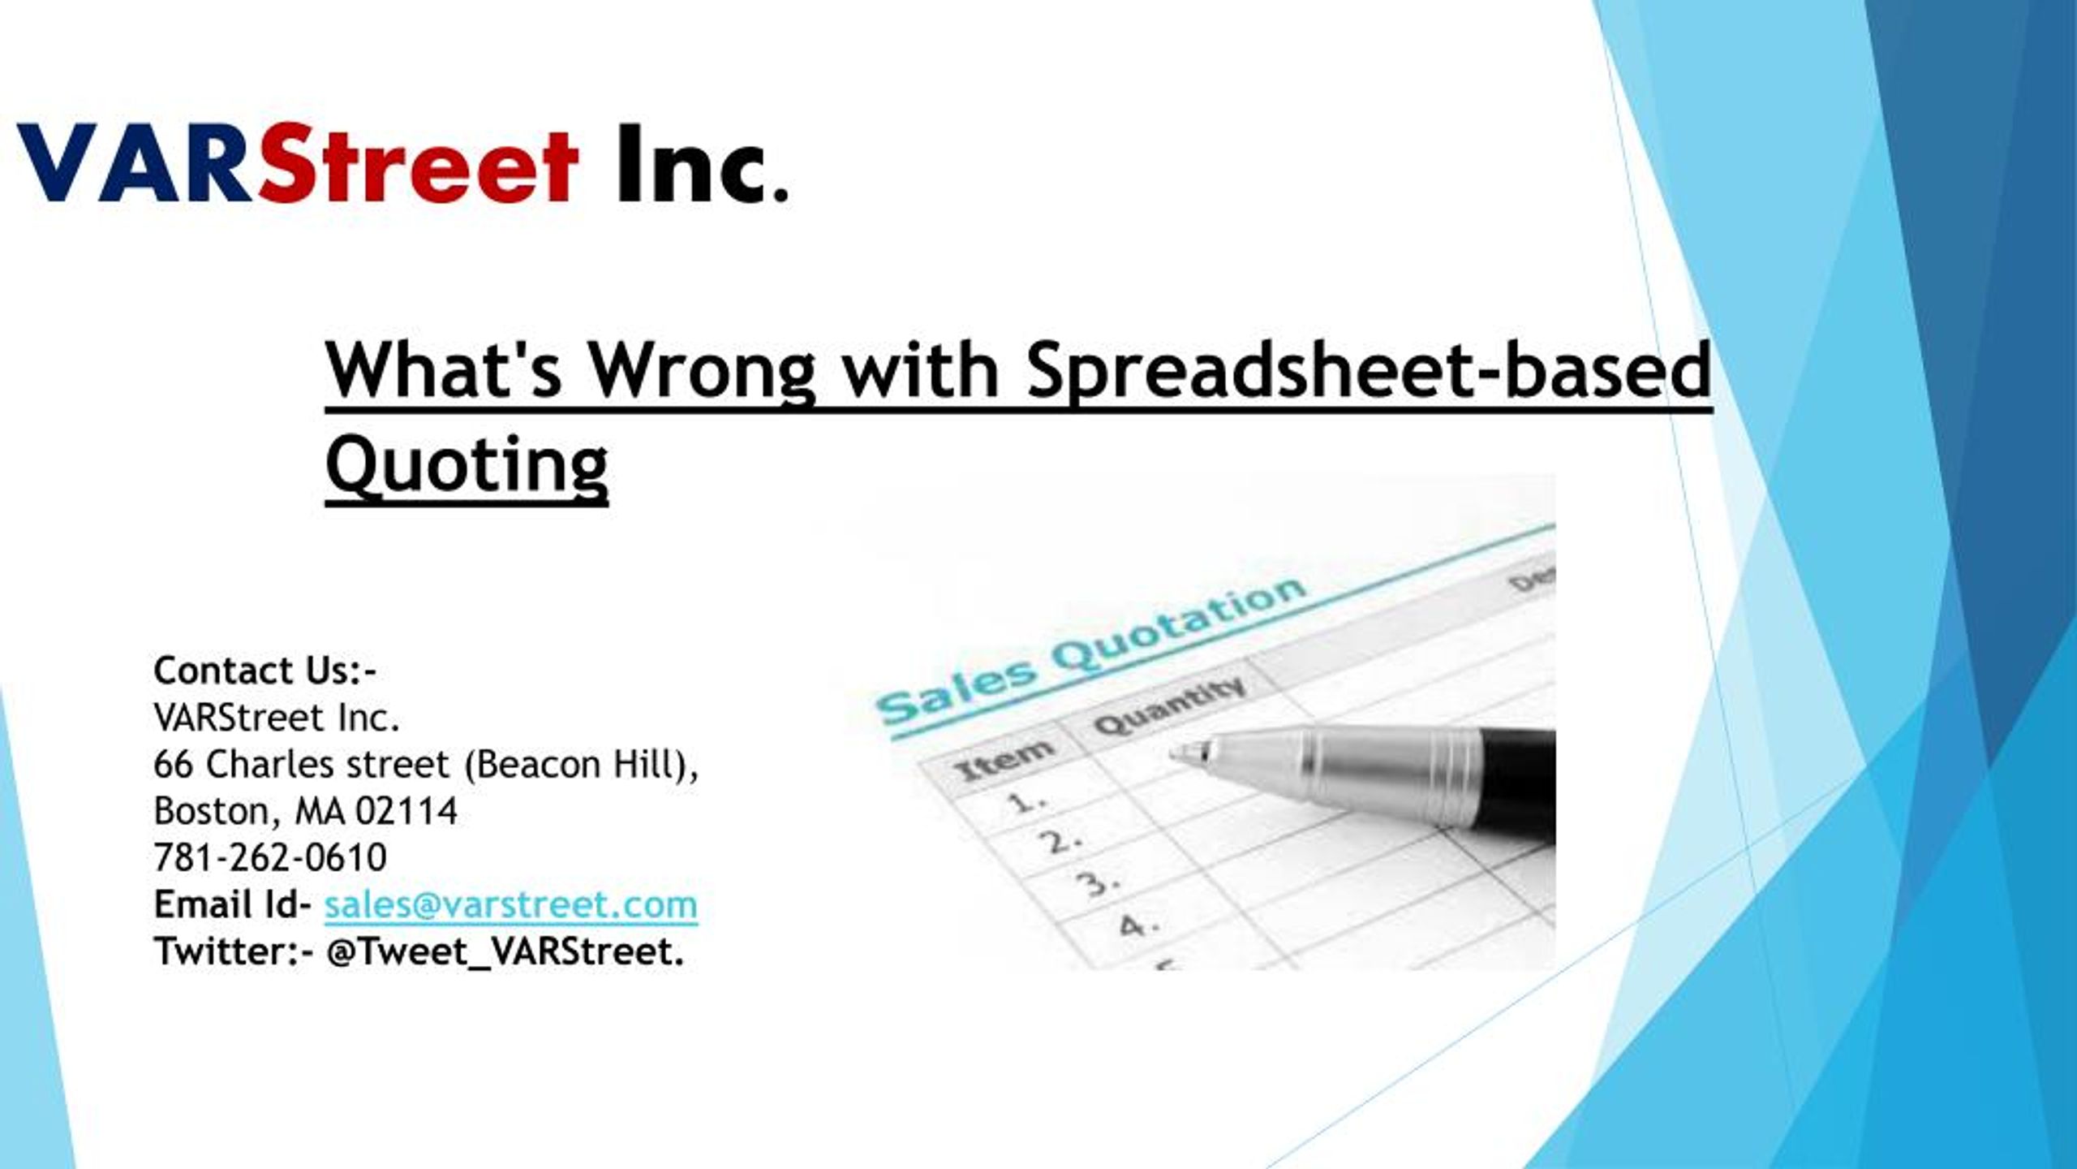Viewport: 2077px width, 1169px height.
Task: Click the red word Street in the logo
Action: coord(419,162)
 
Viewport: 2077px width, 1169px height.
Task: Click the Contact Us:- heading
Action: coord(264,671)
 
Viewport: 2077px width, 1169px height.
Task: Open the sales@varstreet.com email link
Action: coord(511,904)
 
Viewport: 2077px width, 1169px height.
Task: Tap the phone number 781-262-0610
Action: coord(270,858)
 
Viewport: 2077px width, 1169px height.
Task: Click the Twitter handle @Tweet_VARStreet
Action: coord(505,951)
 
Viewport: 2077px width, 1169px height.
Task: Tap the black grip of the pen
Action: coord(1517,779)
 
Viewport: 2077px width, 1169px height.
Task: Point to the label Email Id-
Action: coord(232,904)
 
